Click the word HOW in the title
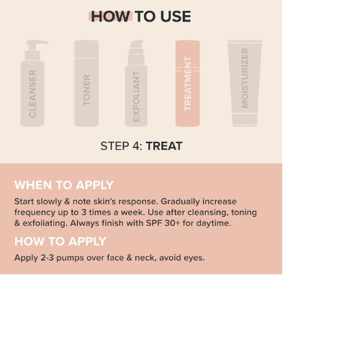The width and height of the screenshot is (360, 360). (x=111, y=17)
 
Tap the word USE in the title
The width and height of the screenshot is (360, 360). (x=176, y=17)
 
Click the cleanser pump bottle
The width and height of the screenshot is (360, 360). (x=32, y=83)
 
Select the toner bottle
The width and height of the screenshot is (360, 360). (x=86, y=83)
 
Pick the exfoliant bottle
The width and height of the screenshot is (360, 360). (x=136, y=83)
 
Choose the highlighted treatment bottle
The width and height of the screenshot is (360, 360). (x=188, y=83)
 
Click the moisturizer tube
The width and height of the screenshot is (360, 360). (x=245, y=83)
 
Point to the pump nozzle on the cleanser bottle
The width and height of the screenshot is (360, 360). (x=37, y=43)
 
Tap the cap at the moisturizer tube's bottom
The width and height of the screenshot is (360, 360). (x=245, y=120)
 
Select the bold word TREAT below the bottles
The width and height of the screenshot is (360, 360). (x=164, y=146)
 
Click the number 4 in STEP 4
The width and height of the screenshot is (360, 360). (x=137, y=146)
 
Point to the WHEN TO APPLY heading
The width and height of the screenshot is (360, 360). (x=64, y=185)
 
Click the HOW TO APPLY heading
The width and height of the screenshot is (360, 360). (x=60, y=241)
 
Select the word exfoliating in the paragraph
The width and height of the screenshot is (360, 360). (x=45, y=223)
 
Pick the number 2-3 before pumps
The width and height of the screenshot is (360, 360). (x=47, y=258)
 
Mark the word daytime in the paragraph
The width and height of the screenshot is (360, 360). (x=213, y=223)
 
